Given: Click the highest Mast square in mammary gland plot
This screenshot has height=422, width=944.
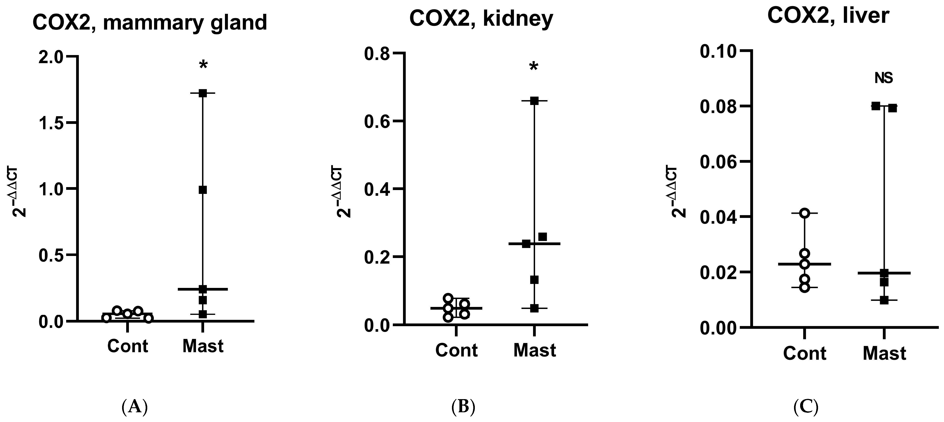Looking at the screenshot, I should (203, 93).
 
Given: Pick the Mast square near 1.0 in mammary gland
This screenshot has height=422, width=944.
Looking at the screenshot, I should (203, 190).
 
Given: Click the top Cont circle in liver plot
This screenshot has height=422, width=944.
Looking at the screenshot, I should (804, 213).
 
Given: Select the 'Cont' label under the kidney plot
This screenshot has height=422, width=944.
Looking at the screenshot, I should (456, 350).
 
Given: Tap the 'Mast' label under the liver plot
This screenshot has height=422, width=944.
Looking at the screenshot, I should (884, 354).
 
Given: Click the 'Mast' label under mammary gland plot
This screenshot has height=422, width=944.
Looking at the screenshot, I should (203, 346).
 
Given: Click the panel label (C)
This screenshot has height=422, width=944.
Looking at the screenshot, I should (806, 407).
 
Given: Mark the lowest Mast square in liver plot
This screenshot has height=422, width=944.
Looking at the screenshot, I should (884, 300).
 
